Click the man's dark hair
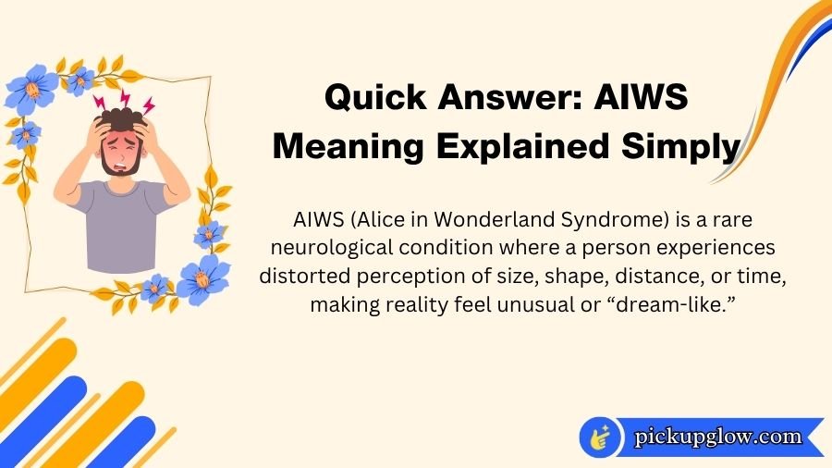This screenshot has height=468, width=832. (121, 117)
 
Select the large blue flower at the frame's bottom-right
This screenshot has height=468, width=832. (202, 280)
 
